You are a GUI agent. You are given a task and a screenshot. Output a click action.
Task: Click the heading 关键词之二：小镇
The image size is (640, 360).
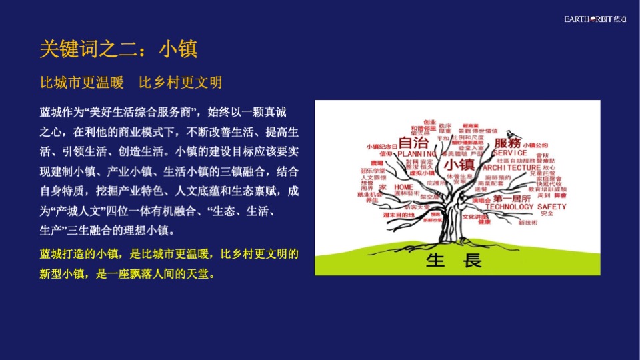point(119,49)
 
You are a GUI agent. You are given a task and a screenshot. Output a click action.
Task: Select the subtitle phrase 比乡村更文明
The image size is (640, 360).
point(180,83)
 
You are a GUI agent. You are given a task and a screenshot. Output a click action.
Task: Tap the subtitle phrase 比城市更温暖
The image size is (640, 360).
point(82,83)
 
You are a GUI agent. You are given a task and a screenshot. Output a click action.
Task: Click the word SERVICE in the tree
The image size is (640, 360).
point(511,153)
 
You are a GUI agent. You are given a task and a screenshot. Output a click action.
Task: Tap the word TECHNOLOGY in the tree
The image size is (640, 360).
point(509,207)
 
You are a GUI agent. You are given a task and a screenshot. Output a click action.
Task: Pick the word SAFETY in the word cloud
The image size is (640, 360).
point(551,207)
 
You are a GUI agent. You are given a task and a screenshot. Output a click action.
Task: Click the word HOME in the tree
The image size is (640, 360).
point(404,187)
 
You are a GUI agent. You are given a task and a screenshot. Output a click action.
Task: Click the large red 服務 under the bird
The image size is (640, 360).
point(507,143)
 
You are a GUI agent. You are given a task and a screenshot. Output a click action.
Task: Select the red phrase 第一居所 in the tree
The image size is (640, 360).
point(512,199)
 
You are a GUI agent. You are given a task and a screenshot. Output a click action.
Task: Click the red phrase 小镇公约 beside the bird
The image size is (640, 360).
point(535,145)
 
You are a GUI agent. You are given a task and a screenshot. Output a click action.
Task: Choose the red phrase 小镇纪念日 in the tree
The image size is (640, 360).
point(381,146)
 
